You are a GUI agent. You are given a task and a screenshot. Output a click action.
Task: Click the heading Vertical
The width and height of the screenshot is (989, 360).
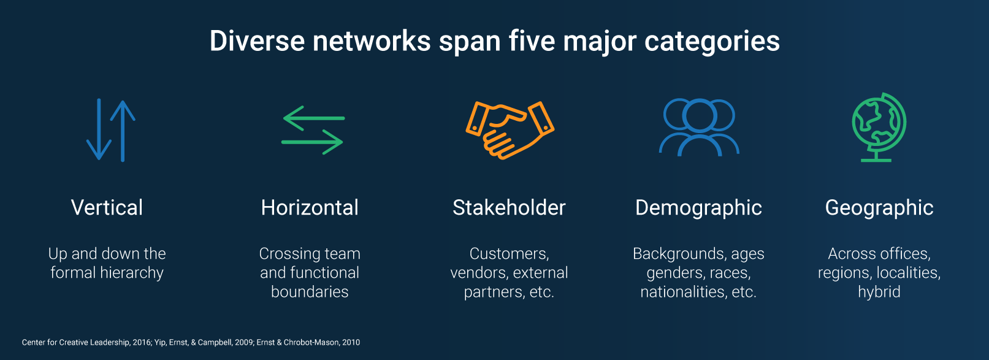[x=107, y=208]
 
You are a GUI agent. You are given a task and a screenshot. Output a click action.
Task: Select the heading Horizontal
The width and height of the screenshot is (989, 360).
[x=310, y=208]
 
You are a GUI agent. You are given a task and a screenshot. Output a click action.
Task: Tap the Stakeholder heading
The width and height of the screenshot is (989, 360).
[x=509, y=208]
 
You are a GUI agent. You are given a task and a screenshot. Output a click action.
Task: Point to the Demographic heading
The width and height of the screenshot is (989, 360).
[x=698, y=208]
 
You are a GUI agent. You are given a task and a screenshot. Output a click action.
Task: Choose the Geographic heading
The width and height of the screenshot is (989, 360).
[x=879, y=208]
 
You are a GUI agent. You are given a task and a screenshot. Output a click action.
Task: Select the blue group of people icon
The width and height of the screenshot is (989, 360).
[x=699, y=127]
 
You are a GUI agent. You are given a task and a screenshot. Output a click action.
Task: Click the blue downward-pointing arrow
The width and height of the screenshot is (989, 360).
[x=99, y=130]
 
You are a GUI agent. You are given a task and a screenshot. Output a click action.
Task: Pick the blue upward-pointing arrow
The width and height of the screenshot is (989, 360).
[x=123, y=130]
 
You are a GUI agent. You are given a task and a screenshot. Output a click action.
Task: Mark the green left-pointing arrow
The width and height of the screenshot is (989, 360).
[x=313, y=118]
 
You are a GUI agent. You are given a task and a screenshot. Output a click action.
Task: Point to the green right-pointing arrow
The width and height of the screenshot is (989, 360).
[x=312, y=142]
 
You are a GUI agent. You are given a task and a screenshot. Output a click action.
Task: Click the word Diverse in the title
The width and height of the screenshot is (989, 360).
[x=257, y=41]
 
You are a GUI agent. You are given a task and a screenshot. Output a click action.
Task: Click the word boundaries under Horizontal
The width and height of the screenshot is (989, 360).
[x=310, y=292]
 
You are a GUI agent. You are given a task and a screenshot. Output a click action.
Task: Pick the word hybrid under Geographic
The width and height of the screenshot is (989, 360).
[x=879, y=292]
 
